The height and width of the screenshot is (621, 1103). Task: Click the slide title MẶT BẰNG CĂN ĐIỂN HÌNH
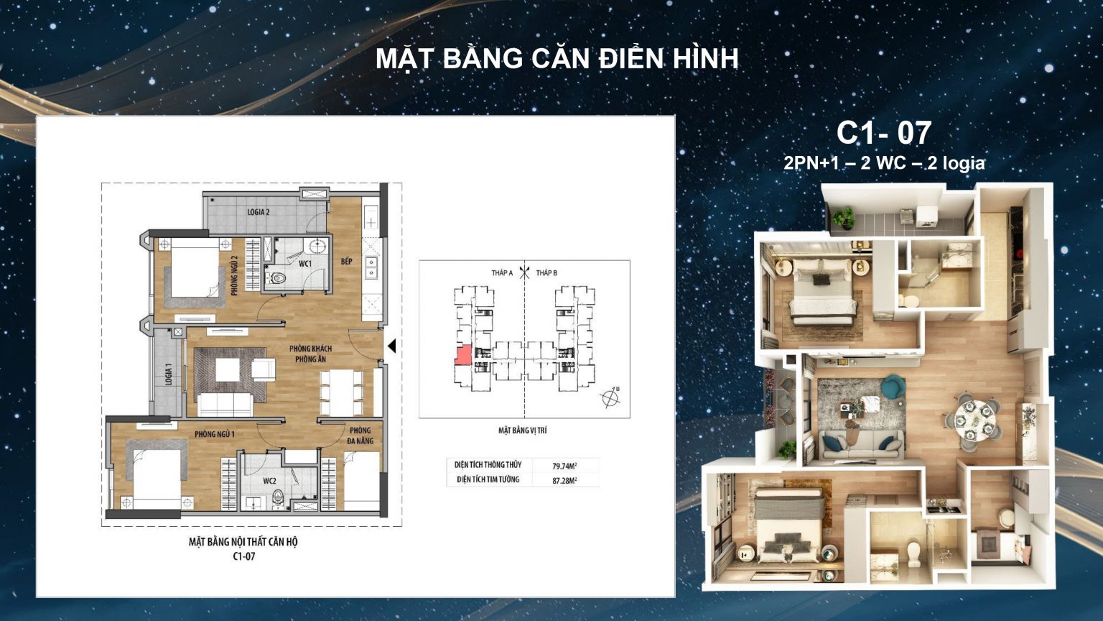tap(557, 59)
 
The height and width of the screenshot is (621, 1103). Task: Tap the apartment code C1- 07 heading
tap(884, 133)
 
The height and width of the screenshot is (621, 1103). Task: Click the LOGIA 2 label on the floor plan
tap(259, 212)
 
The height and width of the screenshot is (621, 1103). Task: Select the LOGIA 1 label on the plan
tap(169, 374)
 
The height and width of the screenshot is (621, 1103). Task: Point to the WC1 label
tap(305, 264)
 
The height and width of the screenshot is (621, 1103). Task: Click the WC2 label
tap(270, 481)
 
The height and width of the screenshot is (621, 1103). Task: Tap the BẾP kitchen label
tap(347, 261)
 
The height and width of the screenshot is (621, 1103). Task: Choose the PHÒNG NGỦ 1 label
tap(214, 434)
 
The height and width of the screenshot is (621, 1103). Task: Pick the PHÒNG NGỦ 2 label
tap(235, 275)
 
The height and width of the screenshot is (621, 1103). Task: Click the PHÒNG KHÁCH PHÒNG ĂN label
tap(311, 354)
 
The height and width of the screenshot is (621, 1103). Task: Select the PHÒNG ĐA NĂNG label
tap(360, 436)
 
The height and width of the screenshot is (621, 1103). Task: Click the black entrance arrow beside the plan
tap(391, 346)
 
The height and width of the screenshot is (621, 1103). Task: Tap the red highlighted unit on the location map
tap(462, 356)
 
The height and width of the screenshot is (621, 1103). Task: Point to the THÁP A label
tap(502, 273)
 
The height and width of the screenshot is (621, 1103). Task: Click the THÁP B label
tap(546, 273)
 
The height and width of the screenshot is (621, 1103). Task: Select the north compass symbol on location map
tap(610, 396)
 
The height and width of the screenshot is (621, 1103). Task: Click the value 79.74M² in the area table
tap(564, 466)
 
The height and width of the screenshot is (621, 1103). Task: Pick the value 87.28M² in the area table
tap(564, 480)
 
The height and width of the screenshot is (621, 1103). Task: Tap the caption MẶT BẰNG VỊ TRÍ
tap(522, 431)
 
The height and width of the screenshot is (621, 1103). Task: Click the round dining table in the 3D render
tap(974, 415)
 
